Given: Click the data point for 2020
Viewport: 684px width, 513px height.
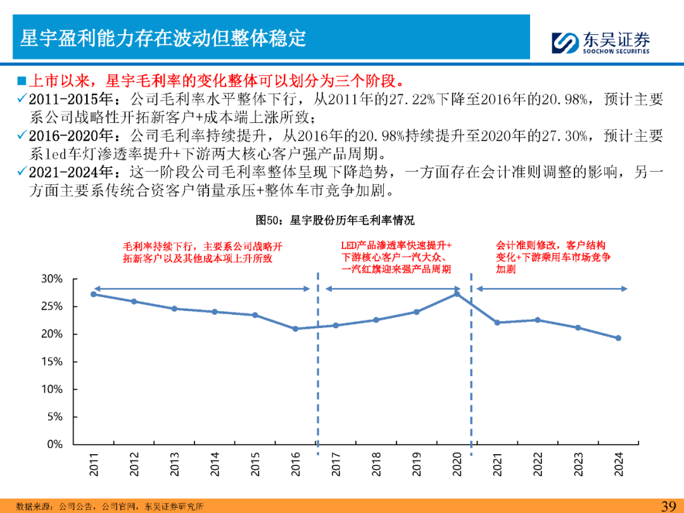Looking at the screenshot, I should tap(457, 294).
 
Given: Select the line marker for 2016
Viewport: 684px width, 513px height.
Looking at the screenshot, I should tap(295, 329).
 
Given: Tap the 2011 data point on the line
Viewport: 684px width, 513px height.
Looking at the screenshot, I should tap(93, 294).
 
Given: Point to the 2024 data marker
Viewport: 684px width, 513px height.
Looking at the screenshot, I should tap(618, 338).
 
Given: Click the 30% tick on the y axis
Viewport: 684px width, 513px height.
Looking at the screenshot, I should tap(52, 279).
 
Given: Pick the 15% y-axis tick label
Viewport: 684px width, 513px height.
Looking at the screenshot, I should tap(52, 362).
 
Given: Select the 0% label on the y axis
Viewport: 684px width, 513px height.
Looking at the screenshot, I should tap(55, 445).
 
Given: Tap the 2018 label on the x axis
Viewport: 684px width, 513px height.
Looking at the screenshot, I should tap(376, 464).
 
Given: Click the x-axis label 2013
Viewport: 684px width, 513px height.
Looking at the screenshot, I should tap(174, 464).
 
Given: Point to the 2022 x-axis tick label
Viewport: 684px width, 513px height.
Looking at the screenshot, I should tap(538, 464).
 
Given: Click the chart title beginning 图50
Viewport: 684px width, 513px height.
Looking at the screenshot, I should tap(335, 220).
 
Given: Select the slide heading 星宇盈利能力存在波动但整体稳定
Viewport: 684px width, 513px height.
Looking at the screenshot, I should tap(163, 38).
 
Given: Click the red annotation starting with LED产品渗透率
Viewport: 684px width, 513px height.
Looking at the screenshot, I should tap(396, 257).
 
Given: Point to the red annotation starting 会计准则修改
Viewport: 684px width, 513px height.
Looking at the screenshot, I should tap(553, 257).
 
